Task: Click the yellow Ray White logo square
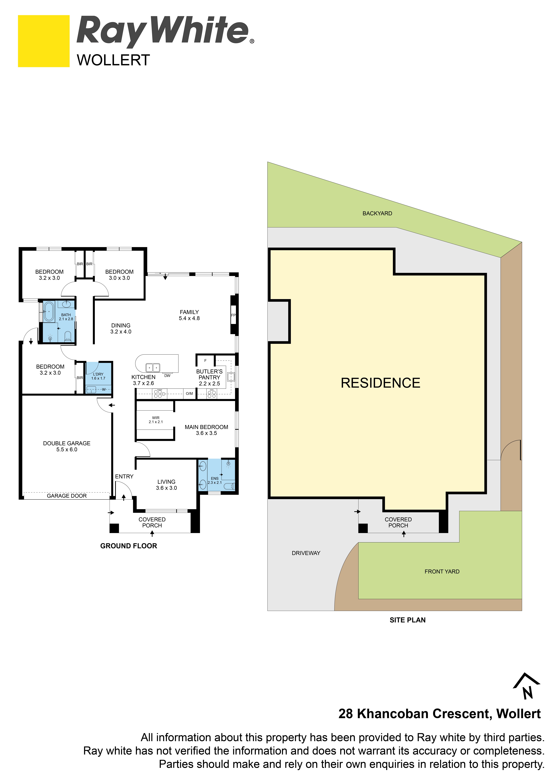[x=44, y=41]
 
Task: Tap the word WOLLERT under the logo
[x=113, y=60]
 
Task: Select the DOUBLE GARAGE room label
[x=67, y=443]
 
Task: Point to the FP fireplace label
[x=233, y=315]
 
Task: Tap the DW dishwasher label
[x=167, y=375]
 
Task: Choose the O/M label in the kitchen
[x=189, y=394]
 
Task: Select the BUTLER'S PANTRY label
[x=209, y=374]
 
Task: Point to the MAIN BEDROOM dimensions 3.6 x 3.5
[x=206, y=433]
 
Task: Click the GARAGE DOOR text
[x=67, y=496]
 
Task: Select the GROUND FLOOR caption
[x=129, y=546]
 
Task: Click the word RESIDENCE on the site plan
[x=380, y=383]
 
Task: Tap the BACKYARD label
[x=377, y=214]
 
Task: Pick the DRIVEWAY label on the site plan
[x=306, y=553]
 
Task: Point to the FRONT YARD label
[x=442, y=572]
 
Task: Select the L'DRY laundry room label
[x=98, y=374]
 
